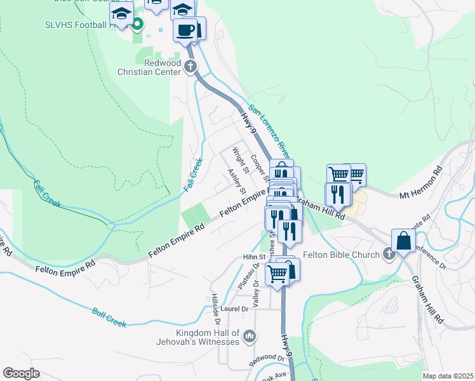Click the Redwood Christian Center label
pyautogui.click(x=154, y=67)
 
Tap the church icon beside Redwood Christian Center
pyautogui.click(x=190, y=65)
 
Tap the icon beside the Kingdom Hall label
pyautogui.click(x=250, y=335)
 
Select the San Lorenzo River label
pyautogui.click(x=269, y=131)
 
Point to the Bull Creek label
pyautogui.click(x=109, y=317)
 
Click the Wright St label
pyautogui.click(x=239, y=160)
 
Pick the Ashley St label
pyautogui.click(x=237, y=182)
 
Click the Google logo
pyautogui.click(x=21, y=373)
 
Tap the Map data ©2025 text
pyautogui.click(x=448, y=376)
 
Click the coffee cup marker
pyautogui.click(x=185, y=30)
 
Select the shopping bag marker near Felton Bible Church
pyautogui.click(x=404, y=241)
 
